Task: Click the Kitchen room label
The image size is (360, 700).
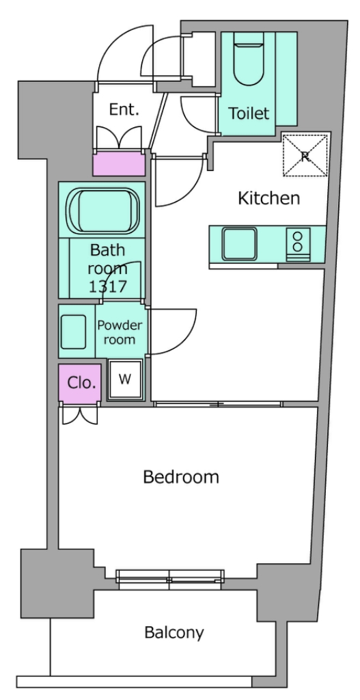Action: pos(268,198)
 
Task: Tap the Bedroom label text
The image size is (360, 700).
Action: pos(181,476)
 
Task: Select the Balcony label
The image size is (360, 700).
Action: pos(174,632)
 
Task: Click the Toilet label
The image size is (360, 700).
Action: pos(249,113)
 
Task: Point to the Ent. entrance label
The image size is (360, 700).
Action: pos(124,109)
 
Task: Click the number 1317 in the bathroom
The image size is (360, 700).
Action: pos(108,286)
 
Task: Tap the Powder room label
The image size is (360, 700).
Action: pos(120,332)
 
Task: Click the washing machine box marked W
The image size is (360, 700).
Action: pos(126,379)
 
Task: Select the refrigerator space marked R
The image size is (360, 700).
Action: pos(305,156)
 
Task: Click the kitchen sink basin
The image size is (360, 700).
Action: pos(240,244)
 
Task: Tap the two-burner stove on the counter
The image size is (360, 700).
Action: pos(298,244)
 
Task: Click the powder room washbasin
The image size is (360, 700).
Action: pos(73,332)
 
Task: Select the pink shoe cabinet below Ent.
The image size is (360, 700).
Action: pos(119,164)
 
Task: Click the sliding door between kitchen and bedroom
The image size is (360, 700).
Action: pos(218,405)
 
